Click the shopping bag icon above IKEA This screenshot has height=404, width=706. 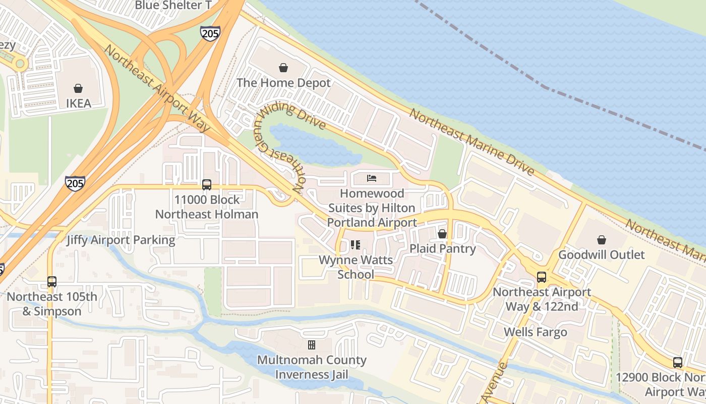tap(78, 88)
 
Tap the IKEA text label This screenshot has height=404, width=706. tap(79, 104)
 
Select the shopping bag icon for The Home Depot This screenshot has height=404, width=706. tap(283, 68)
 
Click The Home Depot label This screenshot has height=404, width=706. tap(283, 83)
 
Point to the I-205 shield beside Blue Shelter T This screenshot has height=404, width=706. tap(210, 33)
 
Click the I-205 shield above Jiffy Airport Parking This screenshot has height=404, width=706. tap(75, 183)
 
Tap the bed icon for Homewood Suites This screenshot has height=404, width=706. tap(372, 178)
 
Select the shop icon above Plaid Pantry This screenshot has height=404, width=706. tap(442, 234)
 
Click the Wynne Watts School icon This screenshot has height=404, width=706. tap(356, 245)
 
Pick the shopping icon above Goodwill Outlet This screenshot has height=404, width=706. tap(601, 239)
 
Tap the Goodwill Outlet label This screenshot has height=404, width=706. tap(602, 255)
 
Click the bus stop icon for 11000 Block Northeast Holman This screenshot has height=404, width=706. tap(207, 185)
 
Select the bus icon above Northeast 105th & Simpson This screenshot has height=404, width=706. tap(51, 282)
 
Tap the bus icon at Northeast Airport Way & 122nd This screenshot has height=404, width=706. tap(542, 277)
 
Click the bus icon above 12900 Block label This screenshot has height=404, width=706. tap(677, 363)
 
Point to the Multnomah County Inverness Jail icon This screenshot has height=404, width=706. tap(312, 345)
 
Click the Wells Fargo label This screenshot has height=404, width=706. tap(536, 332)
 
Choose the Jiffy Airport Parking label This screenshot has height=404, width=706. tap(121, 240)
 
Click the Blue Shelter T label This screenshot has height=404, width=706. tap(173, 6)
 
